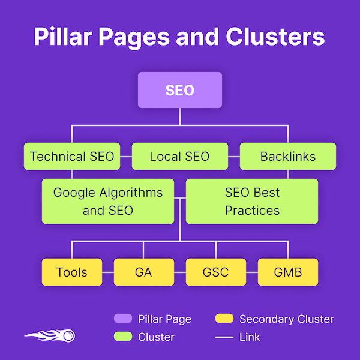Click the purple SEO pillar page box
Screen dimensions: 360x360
(180, 90)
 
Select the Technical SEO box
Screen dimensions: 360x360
(72, 157)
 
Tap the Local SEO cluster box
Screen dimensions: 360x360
(180, 157)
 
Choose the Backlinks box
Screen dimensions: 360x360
(288, 157)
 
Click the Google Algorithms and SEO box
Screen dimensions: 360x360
(108, 202)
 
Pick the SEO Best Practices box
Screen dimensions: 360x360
(252, 202)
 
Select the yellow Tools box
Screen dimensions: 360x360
(72, 272)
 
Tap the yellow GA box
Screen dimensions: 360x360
(144, 272)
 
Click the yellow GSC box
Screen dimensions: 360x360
(216, 272)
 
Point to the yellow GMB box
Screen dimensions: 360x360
(288, 272)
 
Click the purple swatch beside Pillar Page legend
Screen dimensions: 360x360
(122, 319)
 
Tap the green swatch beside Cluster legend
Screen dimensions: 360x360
(122, 337)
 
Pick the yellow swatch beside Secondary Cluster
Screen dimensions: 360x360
(224, 319)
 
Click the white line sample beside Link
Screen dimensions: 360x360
(224, 337)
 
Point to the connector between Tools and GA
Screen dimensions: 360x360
(108, 272)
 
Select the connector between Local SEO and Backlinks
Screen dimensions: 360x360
(234, 157)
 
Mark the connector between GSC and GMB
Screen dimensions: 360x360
(252, 272)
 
